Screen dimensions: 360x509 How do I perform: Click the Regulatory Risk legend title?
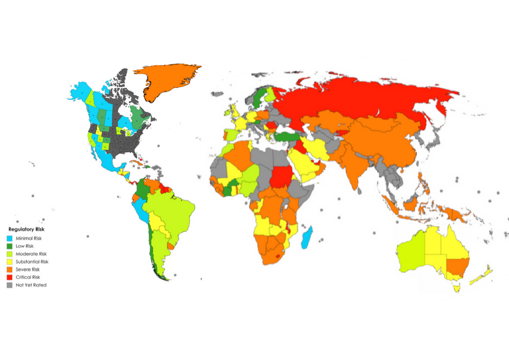[26, 230]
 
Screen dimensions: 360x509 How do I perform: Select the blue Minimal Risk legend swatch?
[10, 238]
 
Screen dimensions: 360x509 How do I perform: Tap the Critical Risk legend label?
[28, 277]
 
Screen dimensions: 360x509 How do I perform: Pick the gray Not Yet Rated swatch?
[10, 285]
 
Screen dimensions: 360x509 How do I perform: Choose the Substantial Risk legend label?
[32, 262]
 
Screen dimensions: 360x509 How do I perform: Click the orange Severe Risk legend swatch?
[10, 269]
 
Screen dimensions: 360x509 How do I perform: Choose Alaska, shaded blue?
[82, 91]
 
